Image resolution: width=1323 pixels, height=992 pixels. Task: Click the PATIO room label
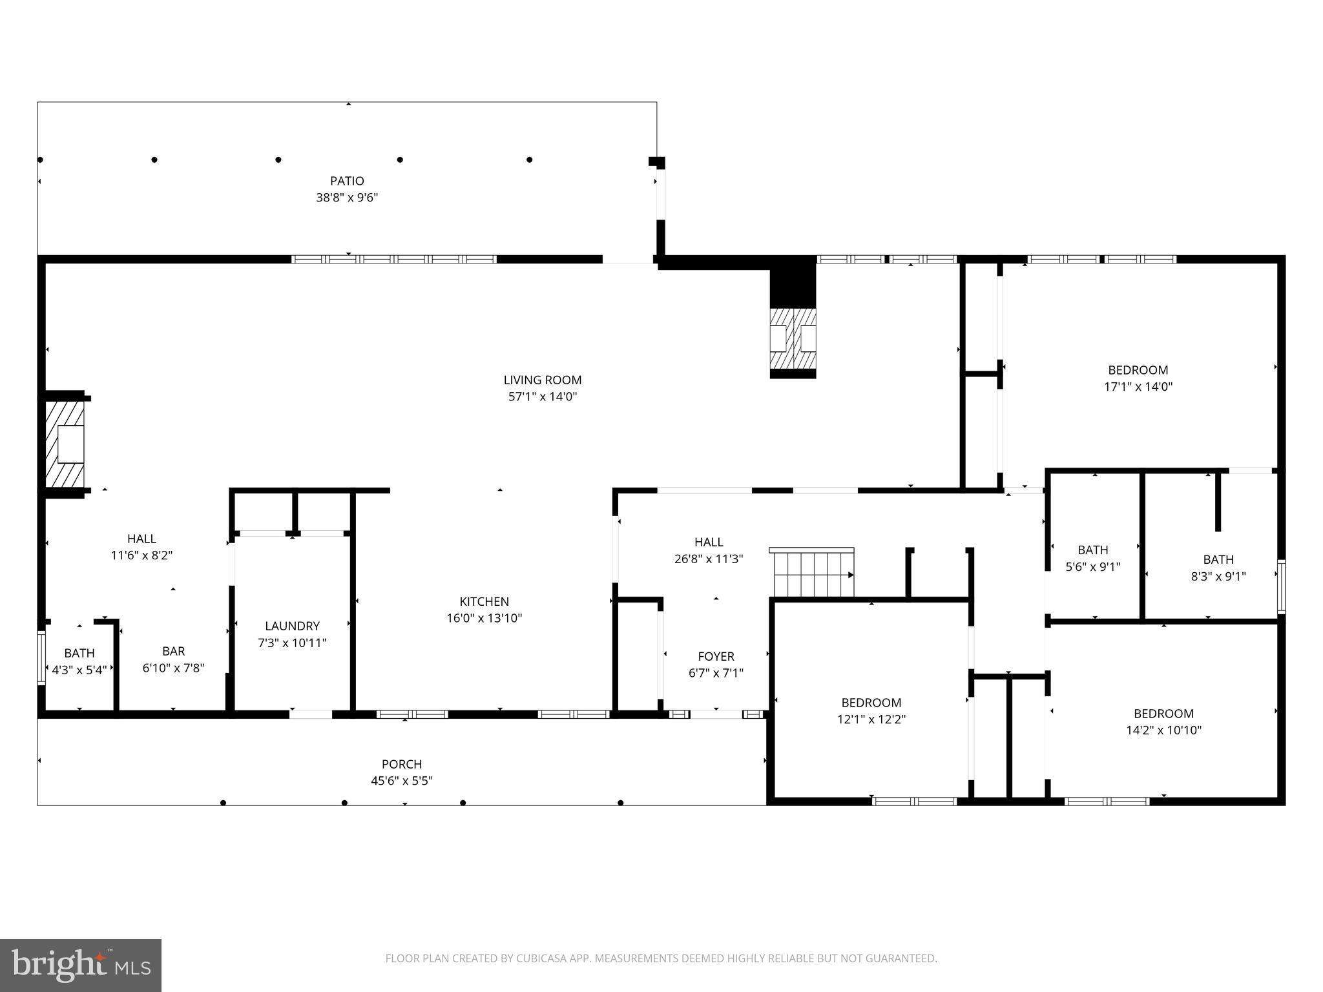(347, 181)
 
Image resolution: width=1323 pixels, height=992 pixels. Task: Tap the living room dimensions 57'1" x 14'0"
(542, 397)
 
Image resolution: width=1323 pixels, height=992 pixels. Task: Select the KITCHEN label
(484, 601)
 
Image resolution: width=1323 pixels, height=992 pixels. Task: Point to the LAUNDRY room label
(292, 626)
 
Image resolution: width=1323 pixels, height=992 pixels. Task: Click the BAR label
(173, 651)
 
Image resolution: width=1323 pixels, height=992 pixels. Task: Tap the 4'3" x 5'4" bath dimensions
(79, 670)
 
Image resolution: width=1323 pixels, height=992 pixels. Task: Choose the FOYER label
(716, 656)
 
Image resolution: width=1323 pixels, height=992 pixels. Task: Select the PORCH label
(401, 764)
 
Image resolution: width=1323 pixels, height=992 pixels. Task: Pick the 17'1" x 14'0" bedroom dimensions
(1138, 387)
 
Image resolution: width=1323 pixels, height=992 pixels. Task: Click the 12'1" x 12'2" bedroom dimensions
(871, 719)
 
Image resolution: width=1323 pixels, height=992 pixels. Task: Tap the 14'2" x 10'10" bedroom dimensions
(1163, 730)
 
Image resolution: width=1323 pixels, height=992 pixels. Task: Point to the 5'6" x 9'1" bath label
(1092, 550)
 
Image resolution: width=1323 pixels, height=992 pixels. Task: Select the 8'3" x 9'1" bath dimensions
(1218, 576)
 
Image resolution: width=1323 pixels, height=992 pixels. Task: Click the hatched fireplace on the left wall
(65, 444)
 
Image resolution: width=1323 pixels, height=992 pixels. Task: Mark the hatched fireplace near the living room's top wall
(793, 338)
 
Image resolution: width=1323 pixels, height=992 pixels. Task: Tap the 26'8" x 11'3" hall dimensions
(709, 559)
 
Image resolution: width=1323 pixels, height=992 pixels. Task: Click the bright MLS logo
(81, 965)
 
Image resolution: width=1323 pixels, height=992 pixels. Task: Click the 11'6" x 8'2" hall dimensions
(141, 555)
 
